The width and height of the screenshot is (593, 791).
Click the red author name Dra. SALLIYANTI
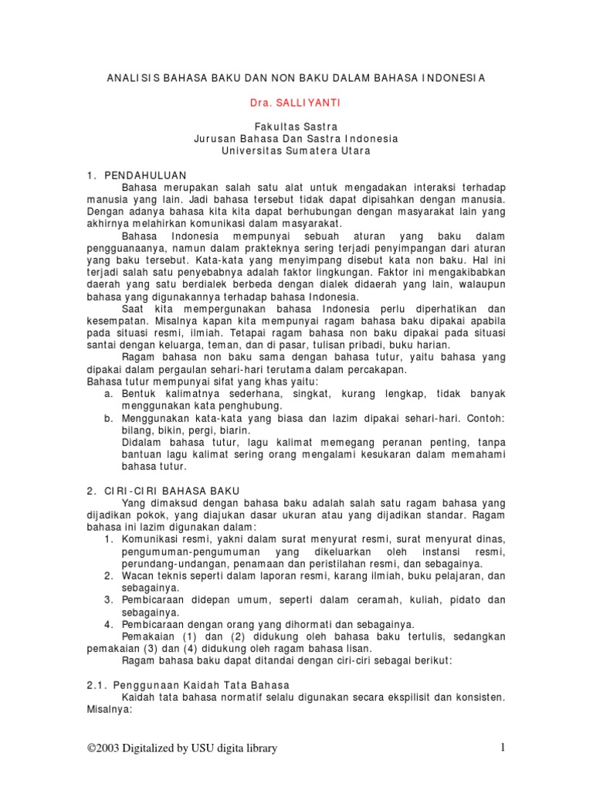(296, 101)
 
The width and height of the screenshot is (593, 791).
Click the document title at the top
(296, 77)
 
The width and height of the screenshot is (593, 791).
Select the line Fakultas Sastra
(296, 126)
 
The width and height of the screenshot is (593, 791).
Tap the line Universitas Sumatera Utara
(296, 151)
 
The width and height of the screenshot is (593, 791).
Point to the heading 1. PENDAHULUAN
(136, 175)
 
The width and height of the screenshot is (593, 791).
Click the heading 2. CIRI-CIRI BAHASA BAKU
(163, 491)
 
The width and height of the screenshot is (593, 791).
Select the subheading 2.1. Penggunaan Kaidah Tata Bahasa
(188, 685)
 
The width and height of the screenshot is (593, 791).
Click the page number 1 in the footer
(502, 748)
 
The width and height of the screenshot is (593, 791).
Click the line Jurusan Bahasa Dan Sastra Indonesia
(296, 138)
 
